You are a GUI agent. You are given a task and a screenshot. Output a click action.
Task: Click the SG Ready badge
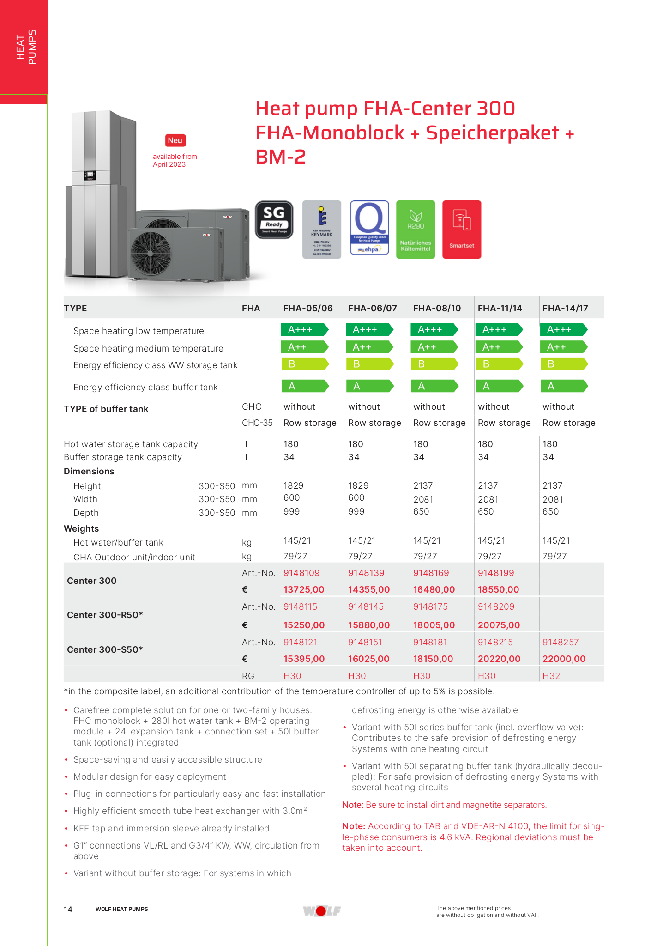(x=274, y=220)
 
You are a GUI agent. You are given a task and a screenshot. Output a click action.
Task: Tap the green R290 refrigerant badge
(x=416, y=229)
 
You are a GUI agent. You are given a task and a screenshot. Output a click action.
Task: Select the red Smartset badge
(x=462, y=229)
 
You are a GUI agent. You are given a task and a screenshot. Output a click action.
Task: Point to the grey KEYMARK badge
(x=322, y=229)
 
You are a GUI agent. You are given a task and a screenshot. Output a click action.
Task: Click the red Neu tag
(x=175, y=140)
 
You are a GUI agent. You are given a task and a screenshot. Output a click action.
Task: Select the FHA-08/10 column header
(x=437, y=308)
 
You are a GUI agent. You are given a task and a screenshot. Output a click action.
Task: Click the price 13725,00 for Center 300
(x=304, y=589)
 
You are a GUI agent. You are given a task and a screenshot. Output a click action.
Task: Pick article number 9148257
(x=561, y=642)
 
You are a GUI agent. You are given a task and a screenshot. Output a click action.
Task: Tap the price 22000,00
(x=564, y=659)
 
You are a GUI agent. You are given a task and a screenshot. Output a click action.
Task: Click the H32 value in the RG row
(x=551, y=676)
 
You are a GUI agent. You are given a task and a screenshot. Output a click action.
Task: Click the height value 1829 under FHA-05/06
(x=294, y=485)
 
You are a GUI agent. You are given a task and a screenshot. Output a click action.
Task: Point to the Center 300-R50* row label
(x=105, y=615)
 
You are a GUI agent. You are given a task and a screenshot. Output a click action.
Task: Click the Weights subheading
(x=81, y=528)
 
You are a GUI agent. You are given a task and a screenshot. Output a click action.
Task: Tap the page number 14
(x=68, y=910)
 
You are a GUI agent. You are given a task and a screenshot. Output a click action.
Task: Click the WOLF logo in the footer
(x=322, y=910)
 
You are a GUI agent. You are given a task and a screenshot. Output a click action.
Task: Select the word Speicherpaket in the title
(x=493, y=133)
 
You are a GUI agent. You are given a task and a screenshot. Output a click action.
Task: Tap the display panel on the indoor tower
(x=90, y=176)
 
